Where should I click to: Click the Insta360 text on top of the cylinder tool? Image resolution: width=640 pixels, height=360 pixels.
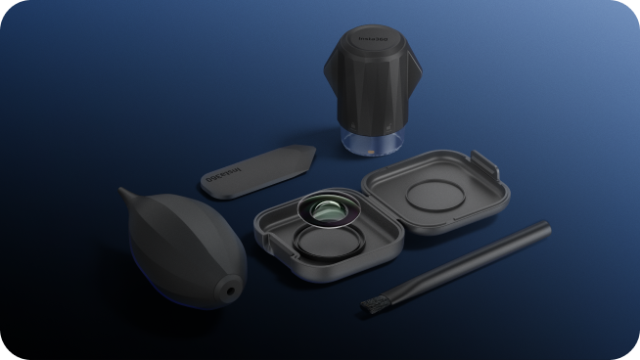(x=375, y=40)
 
